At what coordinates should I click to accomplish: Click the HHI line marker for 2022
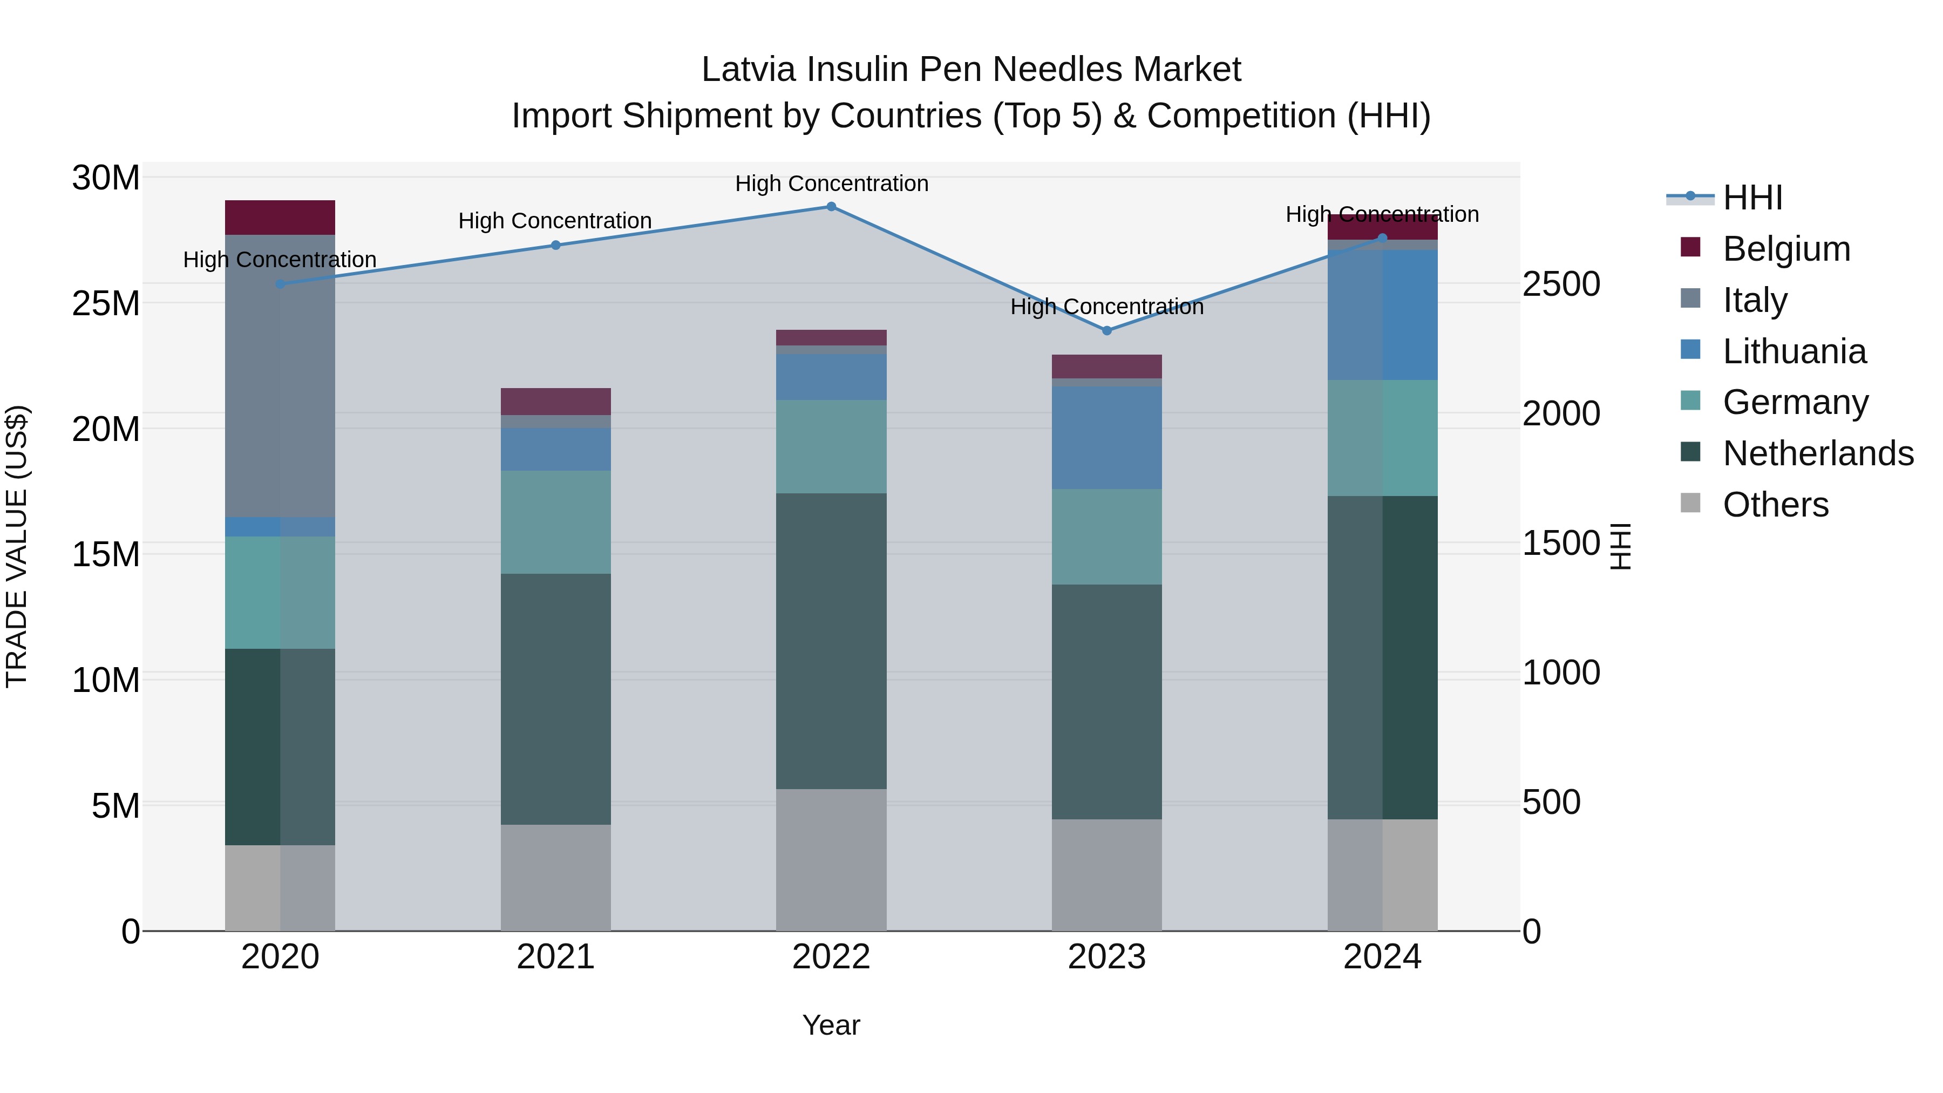(831, 207)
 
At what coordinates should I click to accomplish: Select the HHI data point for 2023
(1106, 330)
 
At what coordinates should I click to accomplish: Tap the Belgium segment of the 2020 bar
(280, 217)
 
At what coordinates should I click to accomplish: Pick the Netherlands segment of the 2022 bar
(831, 641)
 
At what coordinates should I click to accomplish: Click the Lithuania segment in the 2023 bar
(1106, 438)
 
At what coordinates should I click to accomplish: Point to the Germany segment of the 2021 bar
(555, 522)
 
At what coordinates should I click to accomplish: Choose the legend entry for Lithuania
(1793, 351)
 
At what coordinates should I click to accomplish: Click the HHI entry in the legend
(1752, 198)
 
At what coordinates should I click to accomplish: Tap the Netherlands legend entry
(1818, 453)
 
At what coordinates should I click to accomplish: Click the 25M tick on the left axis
(106, 303)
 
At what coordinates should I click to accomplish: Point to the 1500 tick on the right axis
(1560, 543)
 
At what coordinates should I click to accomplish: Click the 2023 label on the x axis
(1106, 957)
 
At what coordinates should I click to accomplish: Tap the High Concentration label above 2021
(555, 221)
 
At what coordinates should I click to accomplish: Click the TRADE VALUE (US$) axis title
(17, 546)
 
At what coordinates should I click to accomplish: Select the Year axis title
(831, 1025)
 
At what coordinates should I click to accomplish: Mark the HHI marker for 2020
(280, 283)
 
